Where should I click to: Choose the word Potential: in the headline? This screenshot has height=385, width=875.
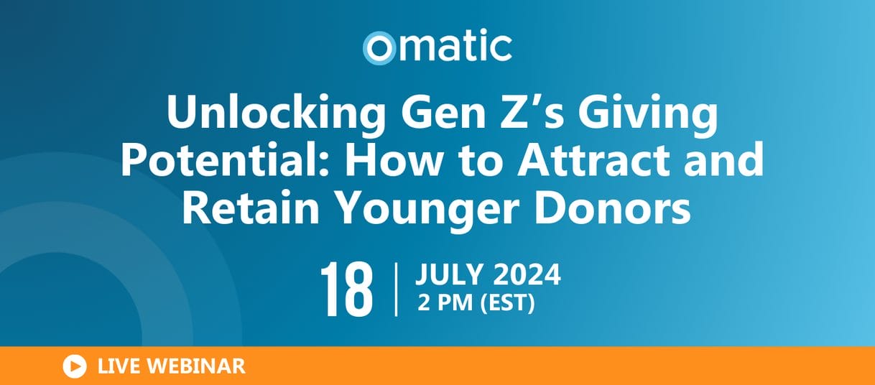pos(225,160)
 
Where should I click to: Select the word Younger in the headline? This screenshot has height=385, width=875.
pos(427,210)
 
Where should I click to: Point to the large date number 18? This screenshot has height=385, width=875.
pos(347,289)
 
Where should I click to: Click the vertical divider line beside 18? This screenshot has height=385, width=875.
pos(397,289)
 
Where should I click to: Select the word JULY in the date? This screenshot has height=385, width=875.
pos(449,274)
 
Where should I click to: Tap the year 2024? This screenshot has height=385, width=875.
pos(527,274)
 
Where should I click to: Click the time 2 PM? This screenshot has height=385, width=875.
pos(445,302)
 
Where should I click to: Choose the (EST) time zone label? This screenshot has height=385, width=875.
pos(507,303)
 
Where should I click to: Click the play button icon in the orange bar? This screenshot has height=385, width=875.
pos(75,366)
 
